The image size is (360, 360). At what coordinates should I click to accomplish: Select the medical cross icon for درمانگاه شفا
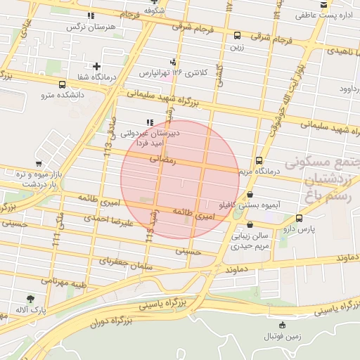pyautogui.click(x=96, y=67)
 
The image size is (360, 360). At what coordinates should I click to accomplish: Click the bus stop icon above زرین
pyautogui.click(x=236, y=35)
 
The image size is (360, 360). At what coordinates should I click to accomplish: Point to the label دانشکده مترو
pyautogui.click(x=62, y=94)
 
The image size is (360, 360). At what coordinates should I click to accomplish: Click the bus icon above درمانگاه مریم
pyautogui.click(x=259, y=160)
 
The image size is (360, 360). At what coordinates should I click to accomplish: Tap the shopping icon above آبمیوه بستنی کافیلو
pyautogui.click(x=250, y=195)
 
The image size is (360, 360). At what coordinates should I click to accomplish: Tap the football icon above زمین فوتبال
pyautogui.click(x=283, y=325)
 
